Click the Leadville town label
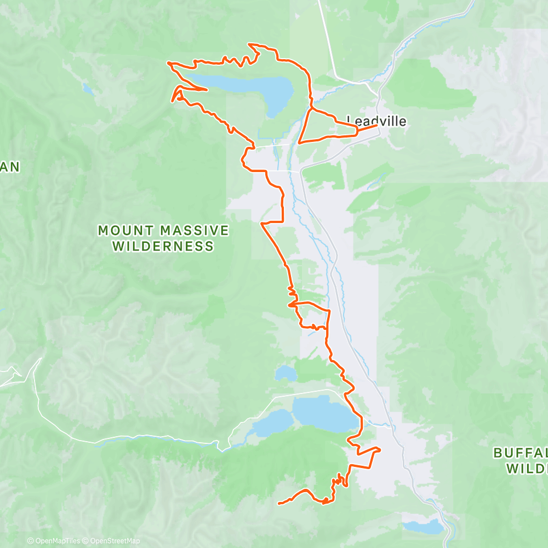377,121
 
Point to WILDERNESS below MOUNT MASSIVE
163,247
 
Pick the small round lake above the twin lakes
285,374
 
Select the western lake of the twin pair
271,423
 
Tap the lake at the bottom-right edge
423,527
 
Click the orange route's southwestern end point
279,503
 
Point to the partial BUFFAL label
520,453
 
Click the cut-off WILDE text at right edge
527,469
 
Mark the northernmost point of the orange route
249,44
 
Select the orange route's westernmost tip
168,63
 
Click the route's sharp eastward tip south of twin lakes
379,449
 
